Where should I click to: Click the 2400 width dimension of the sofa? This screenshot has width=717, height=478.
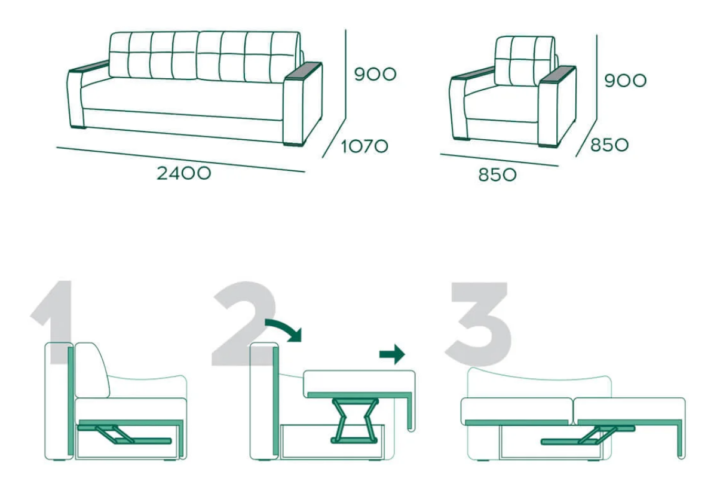(184, 173)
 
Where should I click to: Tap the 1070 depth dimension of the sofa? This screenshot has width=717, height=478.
(364, 146)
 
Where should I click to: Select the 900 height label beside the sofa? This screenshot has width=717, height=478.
(375, 74)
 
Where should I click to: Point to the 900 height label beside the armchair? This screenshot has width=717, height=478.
(625, 80)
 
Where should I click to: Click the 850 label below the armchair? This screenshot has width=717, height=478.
(497, 175)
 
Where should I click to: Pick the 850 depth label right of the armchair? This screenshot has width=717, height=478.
(609, 145)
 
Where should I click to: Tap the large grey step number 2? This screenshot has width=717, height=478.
(244, 323)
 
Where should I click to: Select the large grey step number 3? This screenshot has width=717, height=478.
(479, 324)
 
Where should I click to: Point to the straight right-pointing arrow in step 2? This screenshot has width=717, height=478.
(392, 354)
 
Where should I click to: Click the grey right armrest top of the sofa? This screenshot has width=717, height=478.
(304, 71)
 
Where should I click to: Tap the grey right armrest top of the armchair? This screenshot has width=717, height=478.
(557, 75)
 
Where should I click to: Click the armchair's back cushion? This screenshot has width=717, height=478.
(525, 61)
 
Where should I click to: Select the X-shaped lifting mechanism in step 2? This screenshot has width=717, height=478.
(354, 421)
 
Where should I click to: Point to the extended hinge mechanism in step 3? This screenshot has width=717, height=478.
(588, 435)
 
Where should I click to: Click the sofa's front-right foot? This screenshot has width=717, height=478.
(294, 145)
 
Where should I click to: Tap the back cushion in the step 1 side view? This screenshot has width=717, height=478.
(92, 370)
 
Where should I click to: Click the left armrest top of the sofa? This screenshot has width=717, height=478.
(89, 66)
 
